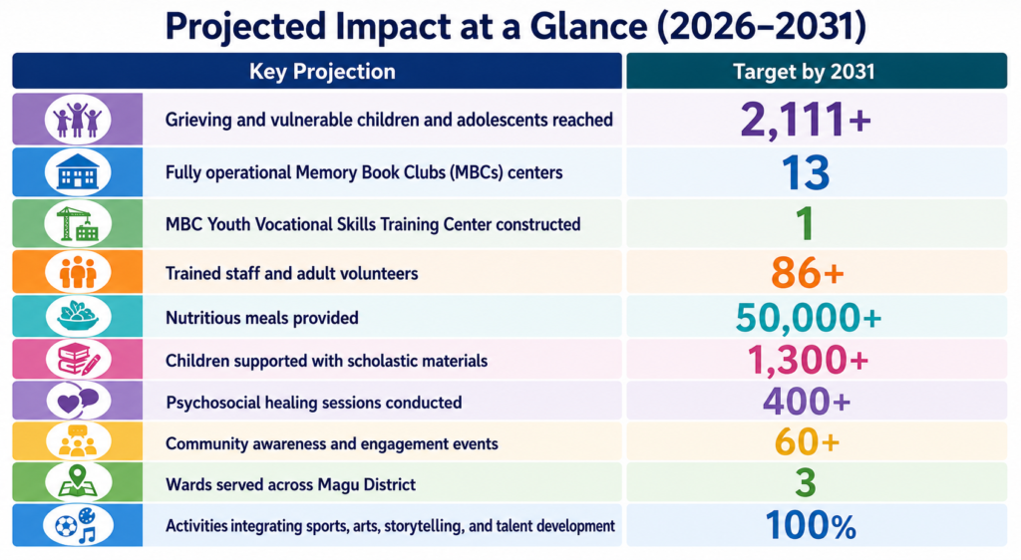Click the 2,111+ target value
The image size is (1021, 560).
coord(806,121)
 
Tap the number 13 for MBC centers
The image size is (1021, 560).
coord(806,173)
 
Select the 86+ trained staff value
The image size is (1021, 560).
coord(808,273)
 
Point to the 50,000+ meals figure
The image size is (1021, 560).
coord(808,318)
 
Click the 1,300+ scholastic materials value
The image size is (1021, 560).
coord(808,360)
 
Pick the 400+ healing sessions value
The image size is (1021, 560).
coord(807,402)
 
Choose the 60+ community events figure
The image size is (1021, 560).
coord(807,443)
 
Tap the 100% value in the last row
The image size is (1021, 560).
coord(811,525)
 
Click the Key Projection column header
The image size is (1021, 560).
coord(322,72)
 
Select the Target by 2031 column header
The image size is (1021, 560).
coord(804,72)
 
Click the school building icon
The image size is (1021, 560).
coord(78,171)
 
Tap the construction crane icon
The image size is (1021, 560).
coord(78,224)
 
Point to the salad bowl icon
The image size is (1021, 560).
coord(78,316)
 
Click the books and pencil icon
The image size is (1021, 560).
coord(78,359)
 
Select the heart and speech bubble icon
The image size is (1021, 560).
coord(78,401)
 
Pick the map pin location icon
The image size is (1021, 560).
coord(78,482)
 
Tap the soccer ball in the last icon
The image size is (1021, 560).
coord(66,525)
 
